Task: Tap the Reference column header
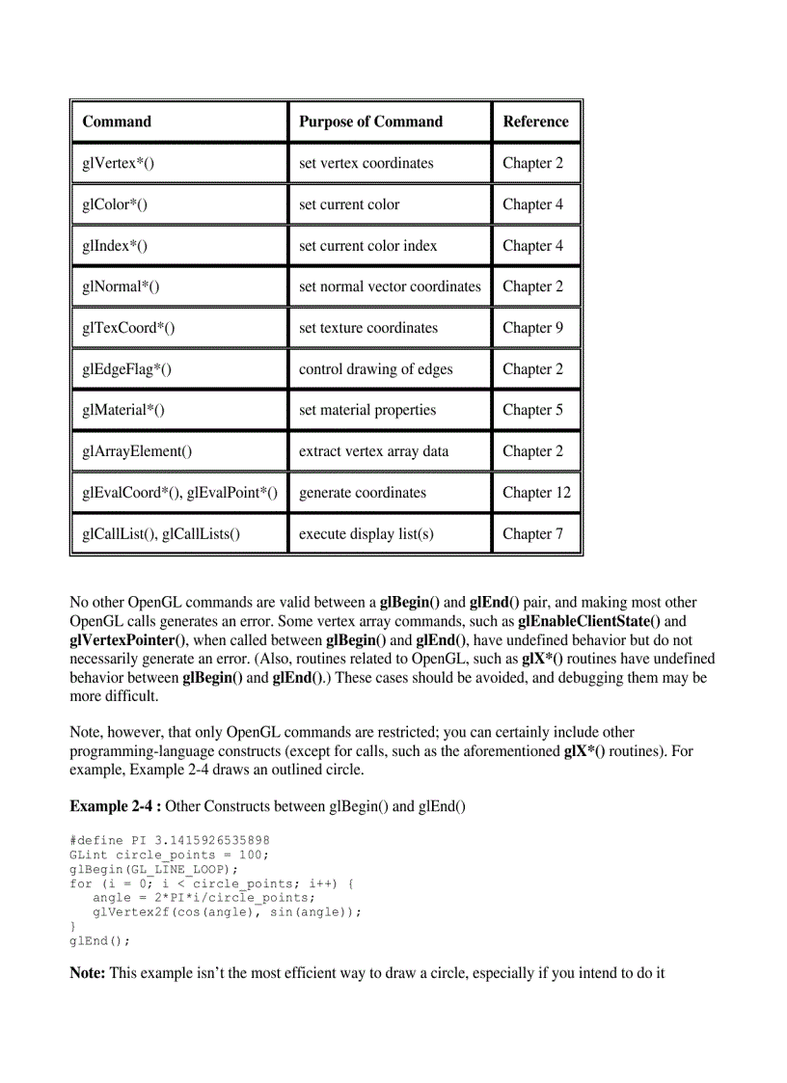[x=535, y=122]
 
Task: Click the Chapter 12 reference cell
[x=536, y=493]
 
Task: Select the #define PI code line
[x=170, y=840]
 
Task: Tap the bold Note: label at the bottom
[x=88, y=972]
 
